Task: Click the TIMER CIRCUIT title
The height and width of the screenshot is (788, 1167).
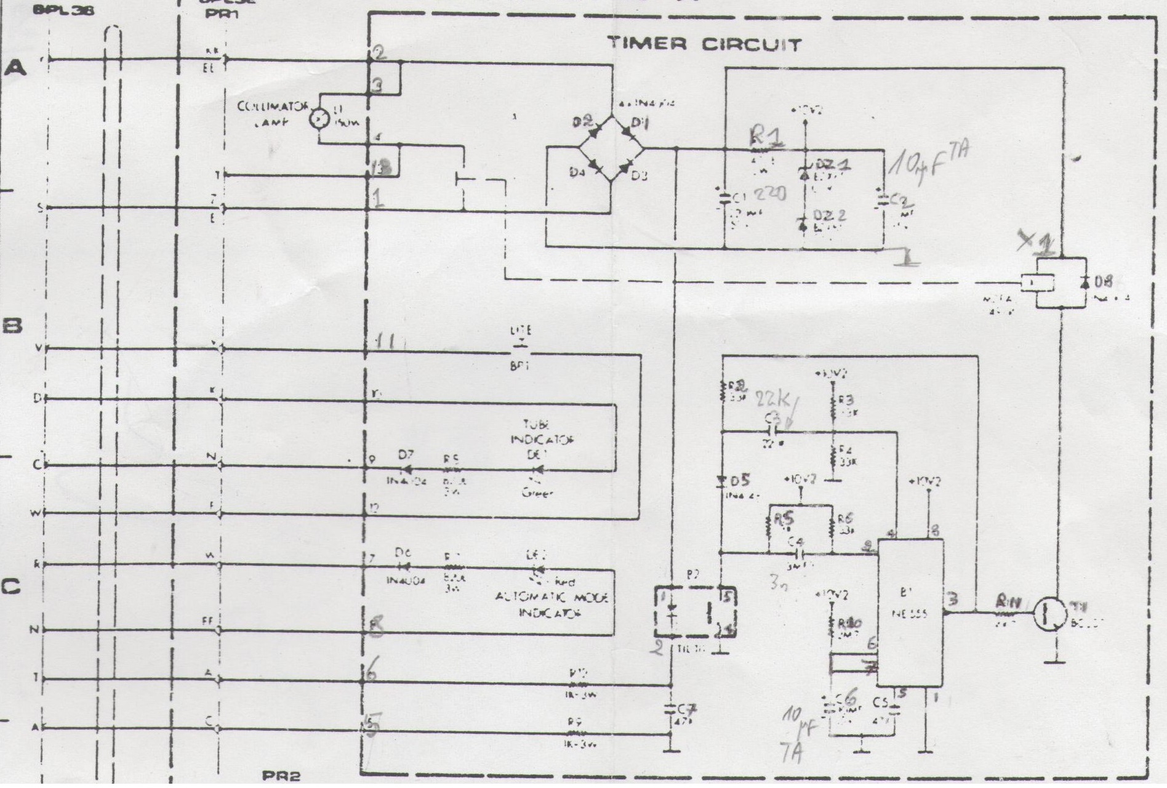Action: click(704, 45)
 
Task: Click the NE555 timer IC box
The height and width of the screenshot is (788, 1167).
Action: click(910, 613)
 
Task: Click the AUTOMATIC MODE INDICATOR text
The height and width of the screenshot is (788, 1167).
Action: click(551, 605)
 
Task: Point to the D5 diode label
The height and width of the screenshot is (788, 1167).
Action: click(742, 480)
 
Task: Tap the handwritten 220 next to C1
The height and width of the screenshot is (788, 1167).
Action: click(769, 194)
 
